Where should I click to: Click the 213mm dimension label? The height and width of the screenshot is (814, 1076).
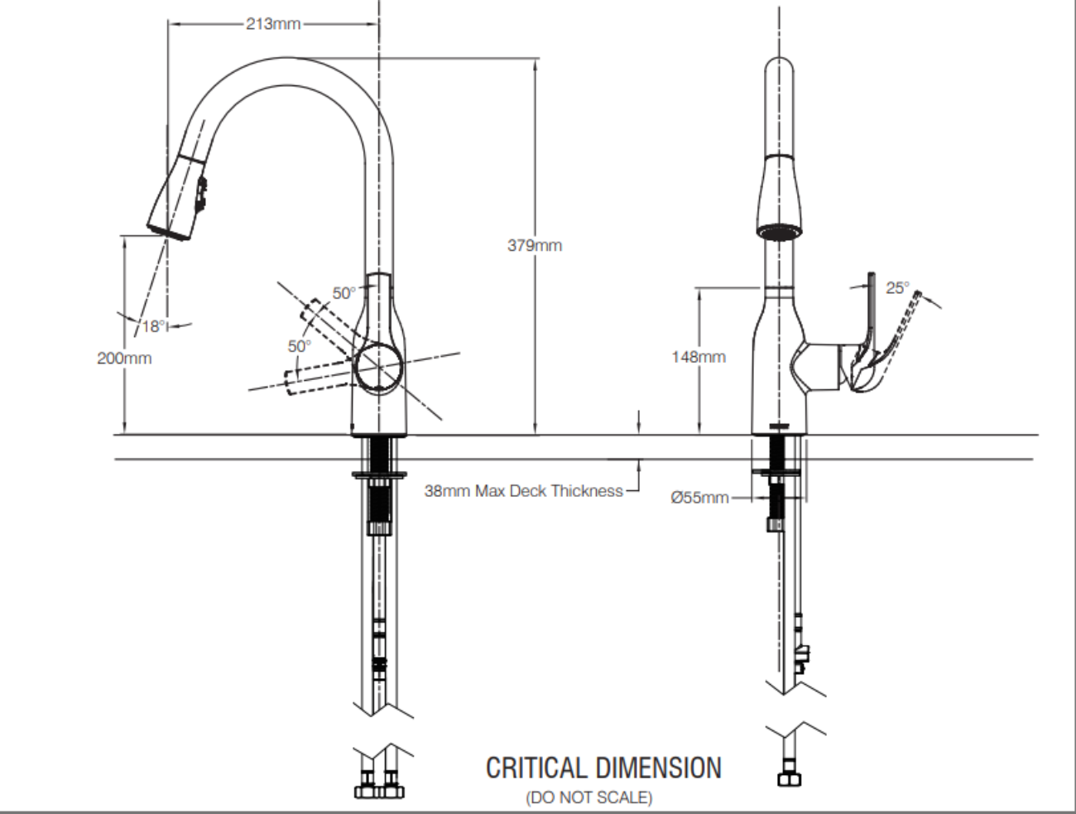coord(272,23)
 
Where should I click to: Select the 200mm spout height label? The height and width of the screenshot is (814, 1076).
coord(124,359)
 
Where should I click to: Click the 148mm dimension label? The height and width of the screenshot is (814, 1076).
coord(699,357)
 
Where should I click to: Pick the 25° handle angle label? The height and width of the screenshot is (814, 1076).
coord(897,288)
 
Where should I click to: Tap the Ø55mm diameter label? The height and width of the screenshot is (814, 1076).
coord(700,498)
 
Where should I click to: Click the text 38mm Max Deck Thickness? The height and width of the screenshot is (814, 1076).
coord(523,491)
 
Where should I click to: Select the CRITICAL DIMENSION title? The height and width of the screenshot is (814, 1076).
coord(603,768)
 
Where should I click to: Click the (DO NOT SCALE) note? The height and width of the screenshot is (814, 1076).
coord(588,798)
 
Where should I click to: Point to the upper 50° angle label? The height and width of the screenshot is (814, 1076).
coord(343,292)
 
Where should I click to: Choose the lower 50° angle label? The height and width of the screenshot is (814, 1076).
coord(299,345)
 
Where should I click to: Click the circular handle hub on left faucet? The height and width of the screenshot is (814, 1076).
coord(378,365)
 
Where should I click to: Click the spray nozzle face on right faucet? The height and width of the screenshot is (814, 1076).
coord(778,230)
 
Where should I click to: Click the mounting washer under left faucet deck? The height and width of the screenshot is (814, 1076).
coord(379,474)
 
